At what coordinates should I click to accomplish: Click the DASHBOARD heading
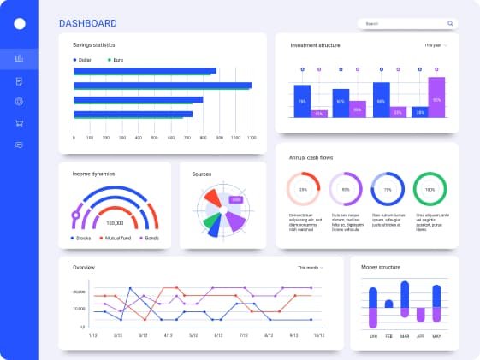(x=88, y=23)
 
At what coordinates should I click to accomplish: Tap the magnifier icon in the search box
(x=450, y=24)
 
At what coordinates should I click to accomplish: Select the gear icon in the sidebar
(x=19, y=102)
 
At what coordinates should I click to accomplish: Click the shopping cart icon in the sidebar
(x=19, y=123)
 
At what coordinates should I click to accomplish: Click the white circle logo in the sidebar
(x=20, y=23)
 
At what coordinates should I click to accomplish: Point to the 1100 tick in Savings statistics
(x=251, y=137)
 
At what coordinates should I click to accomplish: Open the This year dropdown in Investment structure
(x=436, y=44)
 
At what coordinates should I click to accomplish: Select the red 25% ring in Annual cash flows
(x=303, y=189)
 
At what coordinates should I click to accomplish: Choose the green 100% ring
(x=430, y=189)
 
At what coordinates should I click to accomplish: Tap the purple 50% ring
(x=346, y=189)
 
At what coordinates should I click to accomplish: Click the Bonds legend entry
(x=148, y=238)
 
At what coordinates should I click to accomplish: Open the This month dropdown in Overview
(x=311, y=268)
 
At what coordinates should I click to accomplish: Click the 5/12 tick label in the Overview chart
(x=193, y=335)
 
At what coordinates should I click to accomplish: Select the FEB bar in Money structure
(x=388, y=304)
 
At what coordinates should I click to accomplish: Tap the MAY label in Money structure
(x=436, y=336)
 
